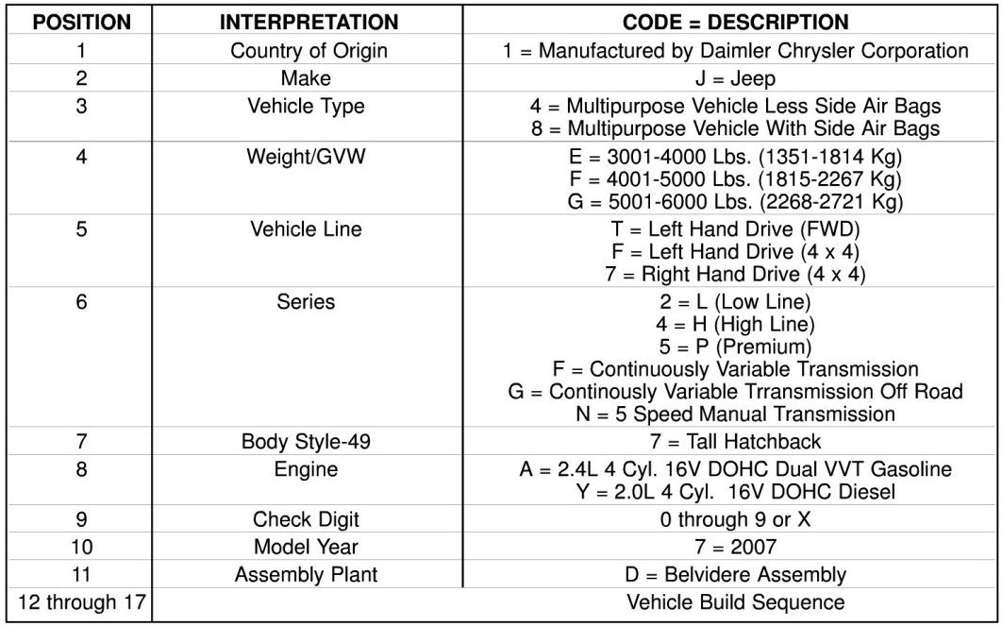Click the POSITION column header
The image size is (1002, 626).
pos(81,22)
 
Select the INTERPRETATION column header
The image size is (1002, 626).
pos(309,22)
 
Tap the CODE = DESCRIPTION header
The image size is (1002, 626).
pos(735,22)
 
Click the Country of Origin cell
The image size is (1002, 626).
pos(309,51)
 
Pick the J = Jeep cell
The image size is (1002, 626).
pos(735,79)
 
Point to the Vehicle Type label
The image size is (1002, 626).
pos(306,107)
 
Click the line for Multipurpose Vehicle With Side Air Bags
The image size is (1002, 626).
pos(735,128)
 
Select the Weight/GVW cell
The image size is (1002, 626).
pos(307,157)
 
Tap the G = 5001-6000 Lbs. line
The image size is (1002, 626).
pos(735,201)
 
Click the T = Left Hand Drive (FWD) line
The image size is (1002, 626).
pos(735,229)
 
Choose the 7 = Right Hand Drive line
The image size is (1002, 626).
pos(735,274)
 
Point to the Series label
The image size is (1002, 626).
pos(306,302)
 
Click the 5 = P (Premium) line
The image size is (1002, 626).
pos(735,347)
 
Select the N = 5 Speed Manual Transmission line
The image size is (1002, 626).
pos(735,414)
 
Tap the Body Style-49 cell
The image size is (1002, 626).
pos(306,441)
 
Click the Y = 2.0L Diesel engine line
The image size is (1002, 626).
pos(735,491)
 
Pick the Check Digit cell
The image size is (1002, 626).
pos(306,519)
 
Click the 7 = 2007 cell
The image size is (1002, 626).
pos(735,547)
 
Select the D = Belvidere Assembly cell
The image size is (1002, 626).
pos(735,574)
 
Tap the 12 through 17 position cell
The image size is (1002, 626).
pos(81,601)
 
